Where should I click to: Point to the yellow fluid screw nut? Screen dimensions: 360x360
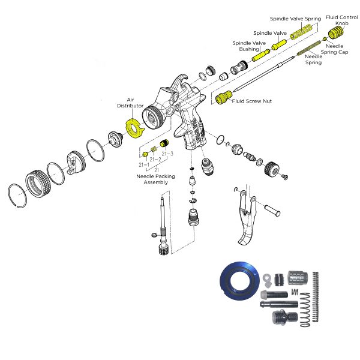pos(223,97)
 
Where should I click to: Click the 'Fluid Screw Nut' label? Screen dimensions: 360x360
pos(252,101)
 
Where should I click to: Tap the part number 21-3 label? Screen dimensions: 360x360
pos(167,154)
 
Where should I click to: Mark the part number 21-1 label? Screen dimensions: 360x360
pos(145,164)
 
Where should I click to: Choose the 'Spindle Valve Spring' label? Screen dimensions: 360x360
pos(295,19)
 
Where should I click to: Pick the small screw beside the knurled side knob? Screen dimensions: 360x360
pos(286,176)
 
